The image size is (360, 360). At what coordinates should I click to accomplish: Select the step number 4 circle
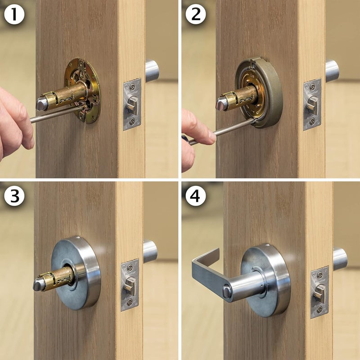195,196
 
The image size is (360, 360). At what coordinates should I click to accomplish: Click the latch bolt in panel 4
319,292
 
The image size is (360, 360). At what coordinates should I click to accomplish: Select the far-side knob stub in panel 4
340,259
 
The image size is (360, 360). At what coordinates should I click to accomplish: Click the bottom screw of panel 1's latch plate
132,121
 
